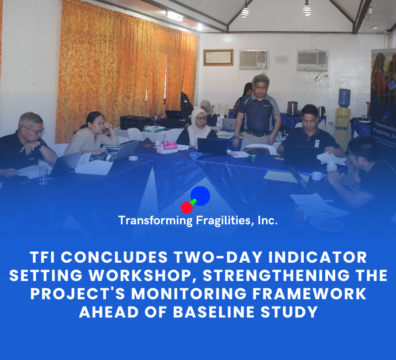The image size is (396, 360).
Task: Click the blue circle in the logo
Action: point(200,196)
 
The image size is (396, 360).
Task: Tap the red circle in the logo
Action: point(187,208)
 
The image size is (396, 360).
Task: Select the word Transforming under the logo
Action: point(155,221)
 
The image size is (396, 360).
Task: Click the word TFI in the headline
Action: point(43,257)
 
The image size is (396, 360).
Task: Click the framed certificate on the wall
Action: point(218,57)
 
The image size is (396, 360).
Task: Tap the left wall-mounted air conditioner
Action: point(253,59)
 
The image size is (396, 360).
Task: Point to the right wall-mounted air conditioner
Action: point(312,61)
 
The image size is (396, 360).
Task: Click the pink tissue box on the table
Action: point(167,147)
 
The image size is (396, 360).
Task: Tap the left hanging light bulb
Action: point(245,12)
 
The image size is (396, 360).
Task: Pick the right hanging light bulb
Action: point(307,10)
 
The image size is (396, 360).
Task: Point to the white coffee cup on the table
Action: point(318,176)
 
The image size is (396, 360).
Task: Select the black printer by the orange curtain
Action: point(136,123)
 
